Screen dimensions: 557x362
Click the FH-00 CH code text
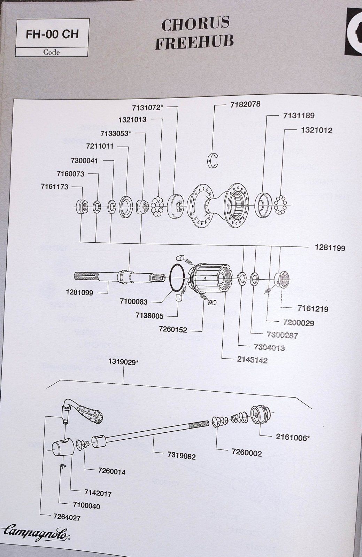[52, 34]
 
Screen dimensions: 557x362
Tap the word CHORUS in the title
[195, 24]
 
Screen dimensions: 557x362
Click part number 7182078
[245, 104]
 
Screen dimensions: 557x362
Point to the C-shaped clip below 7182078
[213, 160]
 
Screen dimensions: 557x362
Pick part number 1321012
[316, 130]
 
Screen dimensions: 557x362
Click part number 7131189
[296, 115]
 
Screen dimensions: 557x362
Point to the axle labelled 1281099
[118, 277]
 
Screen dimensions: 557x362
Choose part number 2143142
[252, 360]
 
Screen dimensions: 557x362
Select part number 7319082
[181, 456]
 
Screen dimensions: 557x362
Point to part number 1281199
[330, 248]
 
